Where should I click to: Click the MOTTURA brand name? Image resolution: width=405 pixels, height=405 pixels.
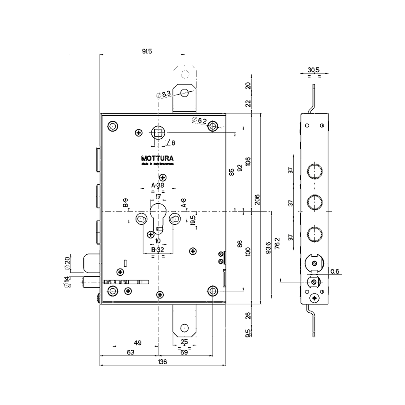158,158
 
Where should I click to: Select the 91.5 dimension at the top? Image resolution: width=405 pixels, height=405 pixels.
147,51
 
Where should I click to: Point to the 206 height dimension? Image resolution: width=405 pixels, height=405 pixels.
257,199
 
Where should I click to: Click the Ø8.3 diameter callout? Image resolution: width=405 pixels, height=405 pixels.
164,94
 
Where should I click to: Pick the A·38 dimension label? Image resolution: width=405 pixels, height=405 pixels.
158,185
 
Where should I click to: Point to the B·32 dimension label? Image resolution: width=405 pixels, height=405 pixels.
158,250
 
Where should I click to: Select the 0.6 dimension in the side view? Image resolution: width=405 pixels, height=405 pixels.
335,271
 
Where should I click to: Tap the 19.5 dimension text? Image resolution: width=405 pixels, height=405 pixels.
193,221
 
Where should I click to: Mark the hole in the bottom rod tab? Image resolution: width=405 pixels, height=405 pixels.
184,327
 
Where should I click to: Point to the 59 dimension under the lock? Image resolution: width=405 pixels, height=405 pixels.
184,352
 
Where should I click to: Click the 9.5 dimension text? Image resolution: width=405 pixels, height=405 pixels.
248,333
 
